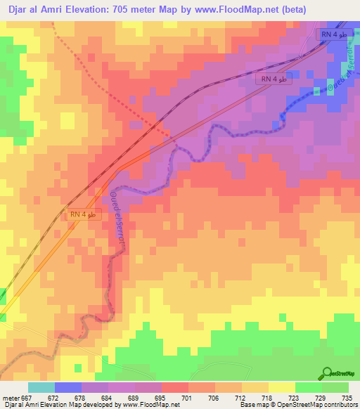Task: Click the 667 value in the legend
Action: coord(27,397)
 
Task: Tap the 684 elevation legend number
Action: coord(106,397)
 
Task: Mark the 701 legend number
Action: coord(186,397)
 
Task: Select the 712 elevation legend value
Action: coord(240,397)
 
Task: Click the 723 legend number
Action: coord(292,397)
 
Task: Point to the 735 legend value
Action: coord(347,397)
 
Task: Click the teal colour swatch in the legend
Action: coord(41,387)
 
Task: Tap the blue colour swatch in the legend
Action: coord(68,387)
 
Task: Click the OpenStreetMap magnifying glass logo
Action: coord(327,373)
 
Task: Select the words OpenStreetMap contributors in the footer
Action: coord(321,405)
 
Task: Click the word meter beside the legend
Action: coord(11,397)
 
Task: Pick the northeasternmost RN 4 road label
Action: coord(334,34)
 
